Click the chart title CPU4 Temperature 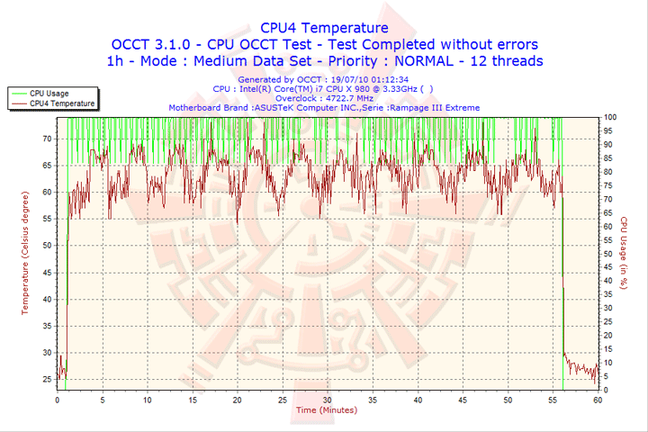coord(324,28)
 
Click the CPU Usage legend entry coord(49,93)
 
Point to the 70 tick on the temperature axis coord(47,139)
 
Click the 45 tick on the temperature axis coord(47,273)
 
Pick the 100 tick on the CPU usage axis coord(610,117)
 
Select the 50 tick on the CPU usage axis coord(609,254)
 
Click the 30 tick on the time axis coord(327,400)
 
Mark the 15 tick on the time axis coord(192,400)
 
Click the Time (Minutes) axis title coord(326,410)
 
